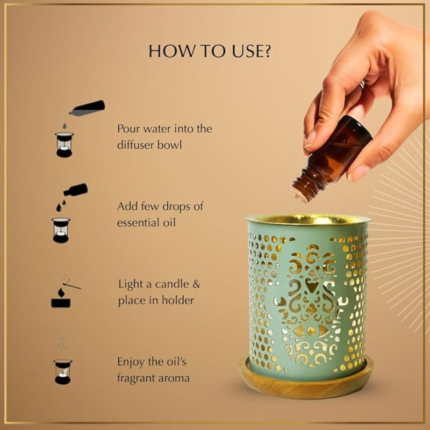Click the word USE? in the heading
pos(252,51)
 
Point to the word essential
pos(138,223)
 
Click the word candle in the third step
pos(171,284)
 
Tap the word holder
pos(178,300)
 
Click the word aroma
pos(177,379)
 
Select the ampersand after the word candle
pos(196,284)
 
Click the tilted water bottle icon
pos(87,108)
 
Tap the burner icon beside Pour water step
pos(64,145)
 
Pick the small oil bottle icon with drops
pos(72,197)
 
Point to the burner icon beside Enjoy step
pos(63,371)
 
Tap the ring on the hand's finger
pos(362,84)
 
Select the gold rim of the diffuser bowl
pos(309,220)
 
